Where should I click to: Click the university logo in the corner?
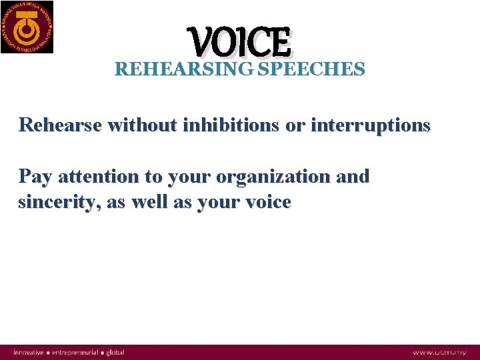(27, 27)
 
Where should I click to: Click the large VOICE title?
(240, 41)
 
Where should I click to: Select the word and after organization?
(353, 177)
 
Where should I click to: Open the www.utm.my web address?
(439, 352)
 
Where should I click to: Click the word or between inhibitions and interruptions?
(295, 125)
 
